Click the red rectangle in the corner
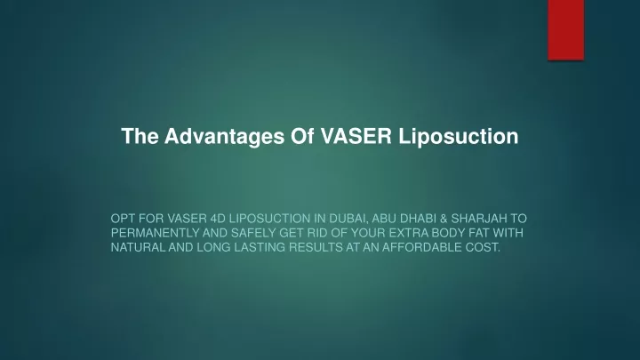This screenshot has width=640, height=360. (x=565, y=30)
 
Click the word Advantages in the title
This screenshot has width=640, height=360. (x=225, y=136)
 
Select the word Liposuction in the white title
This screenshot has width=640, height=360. (x=459, y=136)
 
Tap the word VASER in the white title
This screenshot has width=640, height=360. (x=356, y=136)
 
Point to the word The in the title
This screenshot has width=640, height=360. (x=140, y=136)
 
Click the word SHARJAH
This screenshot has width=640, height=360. (x=478, y=219)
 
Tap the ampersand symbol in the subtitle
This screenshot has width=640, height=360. (x=444, y=219)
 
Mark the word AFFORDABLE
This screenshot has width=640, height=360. (x=422, y=247)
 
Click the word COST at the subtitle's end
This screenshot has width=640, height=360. (x=484, y=247)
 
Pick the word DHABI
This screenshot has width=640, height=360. (x=417, y=219)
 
